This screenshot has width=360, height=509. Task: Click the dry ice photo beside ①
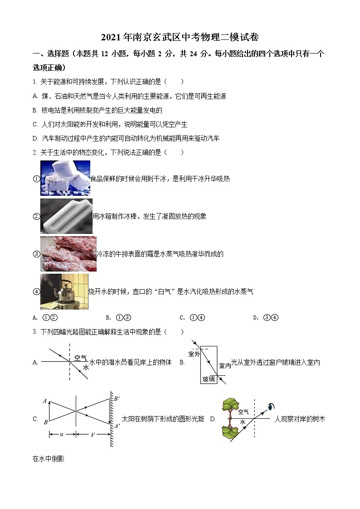65,178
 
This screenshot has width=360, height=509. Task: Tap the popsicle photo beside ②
66,216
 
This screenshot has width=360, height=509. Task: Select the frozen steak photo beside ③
68,254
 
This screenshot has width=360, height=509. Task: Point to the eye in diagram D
272,406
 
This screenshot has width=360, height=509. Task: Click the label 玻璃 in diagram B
209,379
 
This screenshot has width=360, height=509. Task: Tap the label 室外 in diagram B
194,354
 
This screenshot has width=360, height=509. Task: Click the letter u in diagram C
62,434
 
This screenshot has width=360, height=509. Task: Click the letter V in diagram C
92,435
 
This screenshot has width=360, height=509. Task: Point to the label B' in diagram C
117,399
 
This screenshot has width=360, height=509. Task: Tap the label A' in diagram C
117,425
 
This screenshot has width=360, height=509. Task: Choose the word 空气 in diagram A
81,358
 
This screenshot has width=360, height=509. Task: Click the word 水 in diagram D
243,422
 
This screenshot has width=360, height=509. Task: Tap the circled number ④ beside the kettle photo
37,291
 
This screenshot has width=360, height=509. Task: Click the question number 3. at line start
35,332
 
